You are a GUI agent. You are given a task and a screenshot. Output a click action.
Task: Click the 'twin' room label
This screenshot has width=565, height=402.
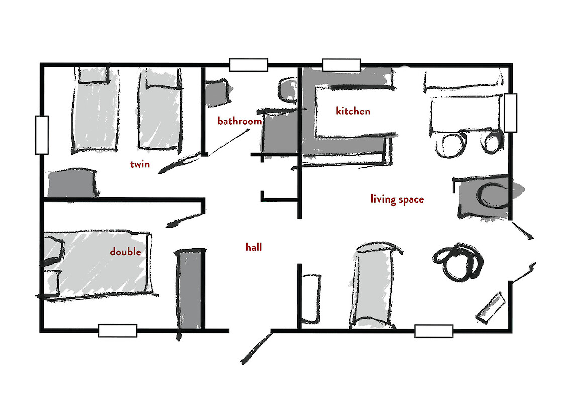pos(140,164)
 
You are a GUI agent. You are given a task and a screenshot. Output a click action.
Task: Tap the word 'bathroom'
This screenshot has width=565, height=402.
pos(240,121)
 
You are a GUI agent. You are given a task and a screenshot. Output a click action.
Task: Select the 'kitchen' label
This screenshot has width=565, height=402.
pos(353,111)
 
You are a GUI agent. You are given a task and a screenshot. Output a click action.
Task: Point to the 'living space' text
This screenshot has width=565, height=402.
pos(397,199)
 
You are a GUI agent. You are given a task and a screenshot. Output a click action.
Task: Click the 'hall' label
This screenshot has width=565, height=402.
pos(254,247)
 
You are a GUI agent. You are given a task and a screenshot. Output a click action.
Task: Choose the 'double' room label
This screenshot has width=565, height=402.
pos(125,251)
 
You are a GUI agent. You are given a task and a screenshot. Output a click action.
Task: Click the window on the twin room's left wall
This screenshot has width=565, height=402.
pos(42,135)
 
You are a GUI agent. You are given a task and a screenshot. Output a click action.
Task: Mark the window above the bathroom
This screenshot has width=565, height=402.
pos(249,65)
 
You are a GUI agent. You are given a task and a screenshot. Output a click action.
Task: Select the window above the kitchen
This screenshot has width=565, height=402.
pos(342,65)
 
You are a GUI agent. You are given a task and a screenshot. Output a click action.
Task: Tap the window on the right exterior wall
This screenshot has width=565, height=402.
pos(510,113)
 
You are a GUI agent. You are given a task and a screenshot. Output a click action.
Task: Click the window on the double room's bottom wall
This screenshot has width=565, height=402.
pos(118,330)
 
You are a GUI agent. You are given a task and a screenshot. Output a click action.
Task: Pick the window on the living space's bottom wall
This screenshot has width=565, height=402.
pos(434,331)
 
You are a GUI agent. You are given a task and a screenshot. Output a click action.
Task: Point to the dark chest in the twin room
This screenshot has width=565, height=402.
pos(73,183)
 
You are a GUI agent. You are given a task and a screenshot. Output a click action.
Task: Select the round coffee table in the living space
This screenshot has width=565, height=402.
pos(458,262)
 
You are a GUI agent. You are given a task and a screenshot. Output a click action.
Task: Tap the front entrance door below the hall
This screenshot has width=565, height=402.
pos(256,348)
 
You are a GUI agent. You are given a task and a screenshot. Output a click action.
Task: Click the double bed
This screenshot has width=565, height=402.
pos(98,265)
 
